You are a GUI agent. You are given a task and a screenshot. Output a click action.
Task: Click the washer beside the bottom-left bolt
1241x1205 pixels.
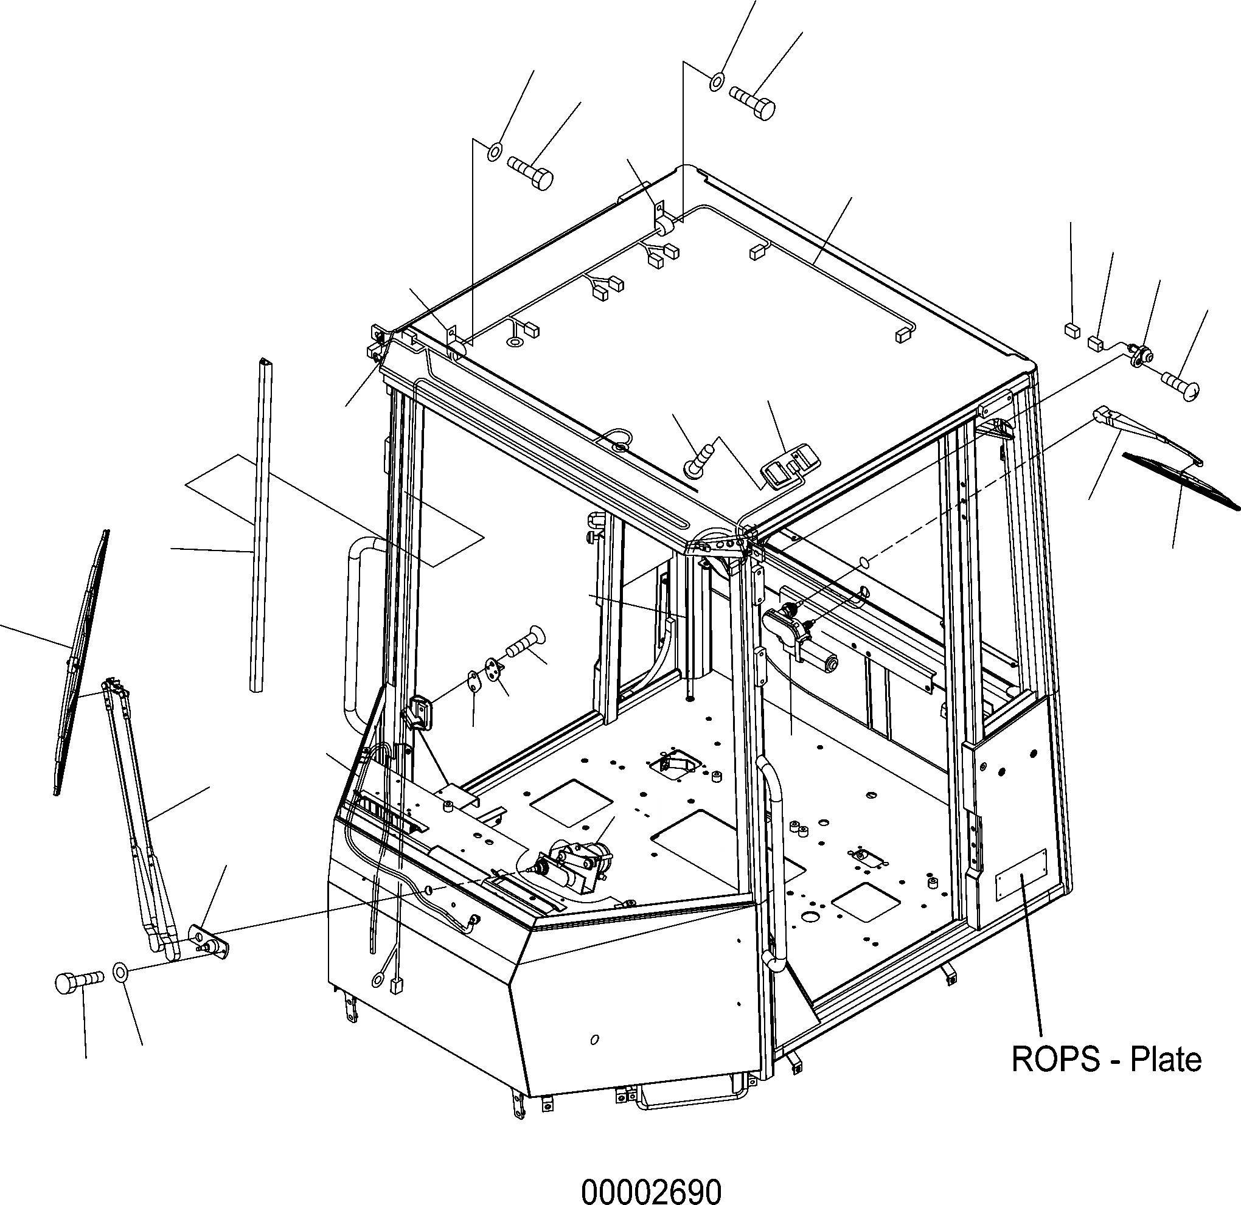[120, 971]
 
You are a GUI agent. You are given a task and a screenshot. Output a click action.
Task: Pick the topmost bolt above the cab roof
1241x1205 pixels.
[754, 102]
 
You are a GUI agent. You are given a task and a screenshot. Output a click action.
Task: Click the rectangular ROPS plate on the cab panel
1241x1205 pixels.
[1021, 875]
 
